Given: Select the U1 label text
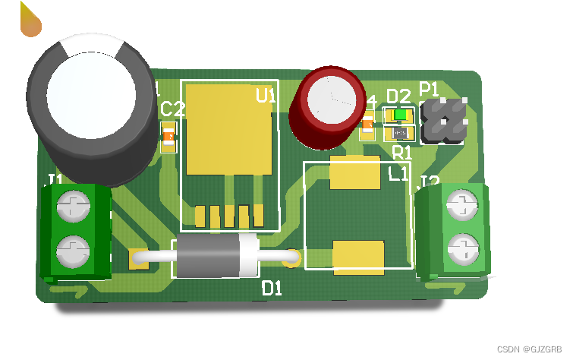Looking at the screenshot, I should click(266, 96).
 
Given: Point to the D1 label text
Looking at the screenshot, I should click(272, 289).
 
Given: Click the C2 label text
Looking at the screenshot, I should click(173, 109).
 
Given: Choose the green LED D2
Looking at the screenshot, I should click(399, 115).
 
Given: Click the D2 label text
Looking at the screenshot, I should click(398, 96).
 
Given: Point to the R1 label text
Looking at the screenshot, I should click(401, 152).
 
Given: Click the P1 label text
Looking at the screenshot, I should click(430, 88).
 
